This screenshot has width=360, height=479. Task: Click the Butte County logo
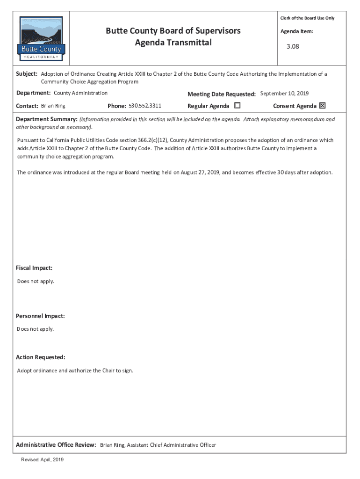[42, 38]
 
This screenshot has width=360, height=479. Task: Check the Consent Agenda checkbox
[322, 106]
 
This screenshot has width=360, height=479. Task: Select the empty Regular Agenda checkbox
[237, 106]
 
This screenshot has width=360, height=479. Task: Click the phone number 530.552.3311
[145, 106]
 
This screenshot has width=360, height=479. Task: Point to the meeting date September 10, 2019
[284, 94]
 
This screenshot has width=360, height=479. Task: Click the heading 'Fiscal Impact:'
[34, 268]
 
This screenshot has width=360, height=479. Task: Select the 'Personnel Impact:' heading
[40, 316]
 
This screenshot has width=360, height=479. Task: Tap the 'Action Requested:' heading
[41, 357]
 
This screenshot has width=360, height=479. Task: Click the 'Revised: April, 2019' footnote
[42, 460]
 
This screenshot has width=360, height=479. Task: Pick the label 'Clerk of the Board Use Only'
[307, 18]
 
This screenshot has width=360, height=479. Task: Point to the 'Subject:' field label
[27, 74]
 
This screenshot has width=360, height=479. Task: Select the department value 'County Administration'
[80, 93]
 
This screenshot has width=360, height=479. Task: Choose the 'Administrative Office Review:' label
[56, 445]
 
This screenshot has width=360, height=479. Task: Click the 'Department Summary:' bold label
[47, 119]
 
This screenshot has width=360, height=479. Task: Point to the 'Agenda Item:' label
[297, 31]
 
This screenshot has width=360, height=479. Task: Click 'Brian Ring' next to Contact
[53, 106]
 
